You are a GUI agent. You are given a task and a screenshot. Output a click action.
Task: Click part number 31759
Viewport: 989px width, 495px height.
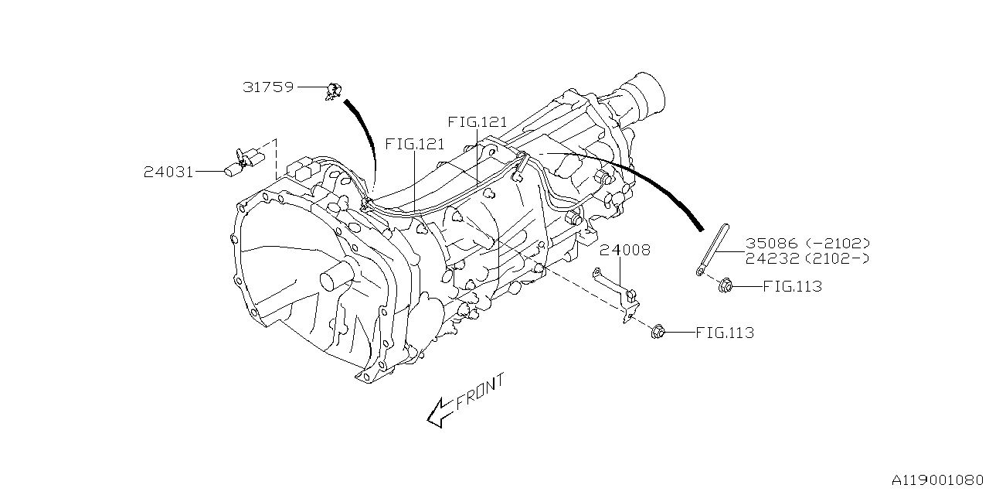(x=268, y=87)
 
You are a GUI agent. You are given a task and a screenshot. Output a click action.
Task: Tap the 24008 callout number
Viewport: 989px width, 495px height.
(x=625, y=250)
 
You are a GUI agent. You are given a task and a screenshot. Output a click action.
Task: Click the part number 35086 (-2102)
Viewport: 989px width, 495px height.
(x=807, y=243)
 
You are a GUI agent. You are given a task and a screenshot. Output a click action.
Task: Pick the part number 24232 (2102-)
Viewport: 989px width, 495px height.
(x=807, y=258)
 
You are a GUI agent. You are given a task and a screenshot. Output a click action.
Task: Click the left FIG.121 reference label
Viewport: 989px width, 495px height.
(x=415, y=145)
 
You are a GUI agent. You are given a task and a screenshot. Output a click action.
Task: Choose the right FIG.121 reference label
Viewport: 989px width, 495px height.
(x=477, y=122)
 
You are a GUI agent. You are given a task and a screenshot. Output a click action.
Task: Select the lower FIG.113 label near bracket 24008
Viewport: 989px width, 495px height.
(x=724, y=333)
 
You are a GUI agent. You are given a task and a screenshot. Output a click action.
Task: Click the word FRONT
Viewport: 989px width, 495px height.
(x=480, y=391)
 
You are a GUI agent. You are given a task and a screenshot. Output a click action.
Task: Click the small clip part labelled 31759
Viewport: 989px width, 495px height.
(x=334, y=90)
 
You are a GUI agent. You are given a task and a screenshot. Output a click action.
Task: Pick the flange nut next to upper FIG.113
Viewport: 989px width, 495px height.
(x=725, y=286)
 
